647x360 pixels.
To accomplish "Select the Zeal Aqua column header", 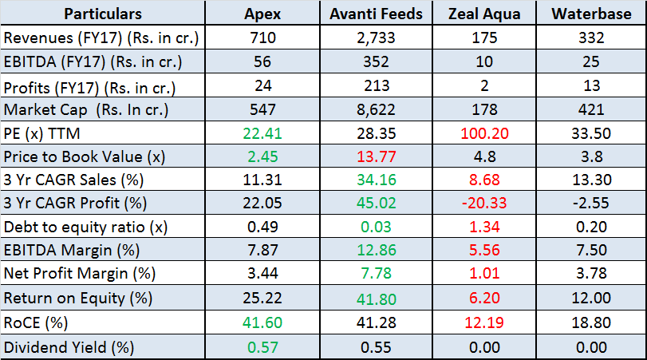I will [485, 14].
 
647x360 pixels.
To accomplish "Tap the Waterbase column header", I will [591, 14].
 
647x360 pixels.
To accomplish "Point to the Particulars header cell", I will [103, 14].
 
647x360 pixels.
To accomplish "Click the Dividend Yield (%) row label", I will [69, 347].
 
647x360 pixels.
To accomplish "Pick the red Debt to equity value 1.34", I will [485, 227].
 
